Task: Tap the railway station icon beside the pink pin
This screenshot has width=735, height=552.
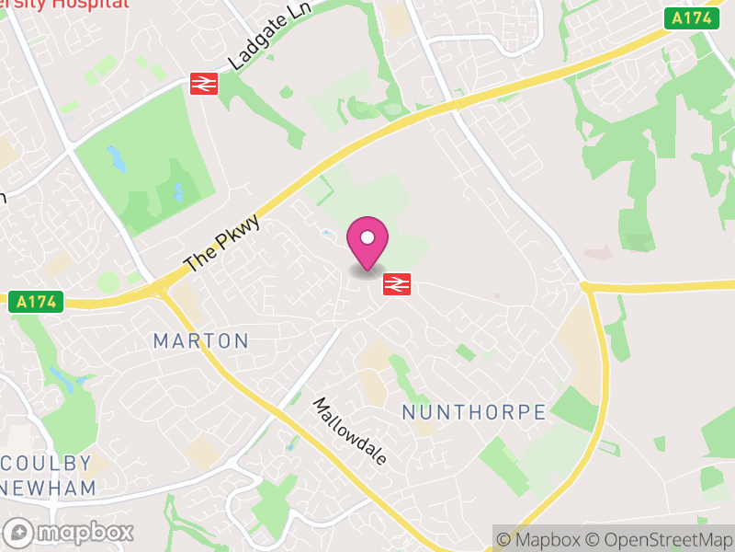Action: point(396,283)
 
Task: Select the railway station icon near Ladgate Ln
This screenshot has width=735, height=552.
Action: point(203,83)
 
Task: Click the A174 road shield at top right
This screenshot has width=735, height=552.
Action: point(691,17)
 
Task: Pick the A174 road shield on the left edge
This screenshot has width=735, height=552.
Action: point(36,302)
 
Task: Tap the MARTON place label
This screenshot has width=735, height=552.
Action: point(200,341)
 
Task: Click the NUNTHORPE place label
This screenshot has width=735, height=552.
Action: point(474,412)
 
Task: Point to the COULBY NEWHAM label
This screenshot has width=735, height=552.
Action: point(48,475)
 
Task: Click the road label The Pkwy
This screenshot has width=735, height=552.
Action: point(222,244)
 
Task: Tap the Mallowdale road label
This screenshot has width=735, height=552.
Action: point(349,431)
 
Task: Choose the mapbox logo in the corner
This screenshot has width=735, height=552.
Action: point(69,532)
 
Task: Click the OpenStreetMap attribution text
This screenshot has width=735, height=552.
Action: point(659,539)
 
